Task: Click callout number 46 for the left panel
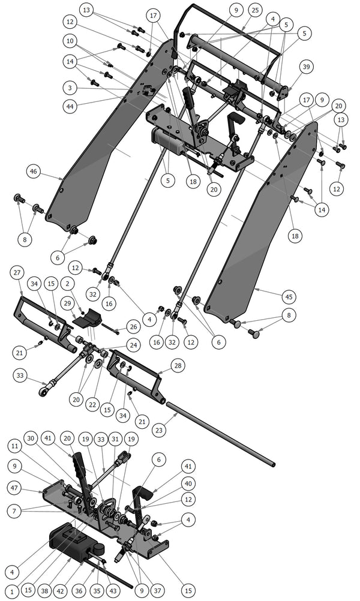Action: [32, 172]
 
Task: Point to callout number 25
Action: [255, 10]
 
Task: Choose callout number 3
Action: [70, 88]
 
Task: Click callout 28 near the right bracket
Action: [178, 365]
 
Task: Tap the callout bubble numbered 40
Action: [188, 483]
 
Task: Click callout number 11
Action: [16, 446]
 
